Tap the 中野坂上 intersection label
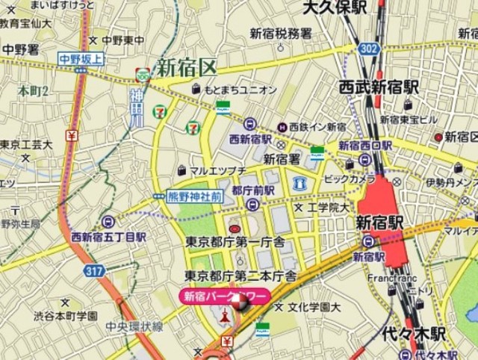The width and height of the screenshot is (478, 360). tap(83, 58)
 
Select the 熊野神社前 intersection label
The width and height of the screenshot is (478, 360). tap(193, 196)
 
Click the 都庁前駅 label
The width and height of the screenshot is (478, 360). tap(252, 191)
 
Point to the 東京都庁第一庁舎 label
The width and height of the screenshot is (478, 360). tap(235, 241)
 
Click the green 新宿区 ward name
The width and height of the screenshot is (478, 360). tap(186, 68)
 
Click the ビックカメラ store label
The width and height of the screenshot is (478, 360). tap(350, 180)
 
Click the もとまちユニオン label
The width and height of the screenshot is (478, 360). tap(240, 90)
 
